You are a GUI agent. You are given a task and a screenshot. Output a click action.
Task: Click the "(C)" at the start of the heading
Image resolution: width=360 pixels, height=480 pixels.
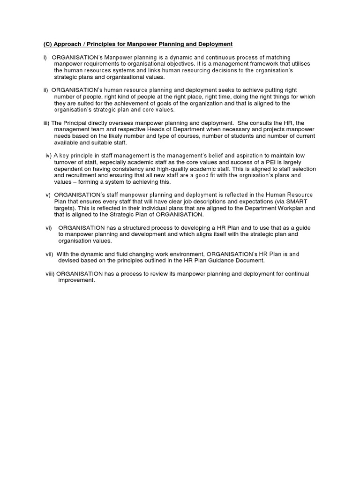click(43, 44)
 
